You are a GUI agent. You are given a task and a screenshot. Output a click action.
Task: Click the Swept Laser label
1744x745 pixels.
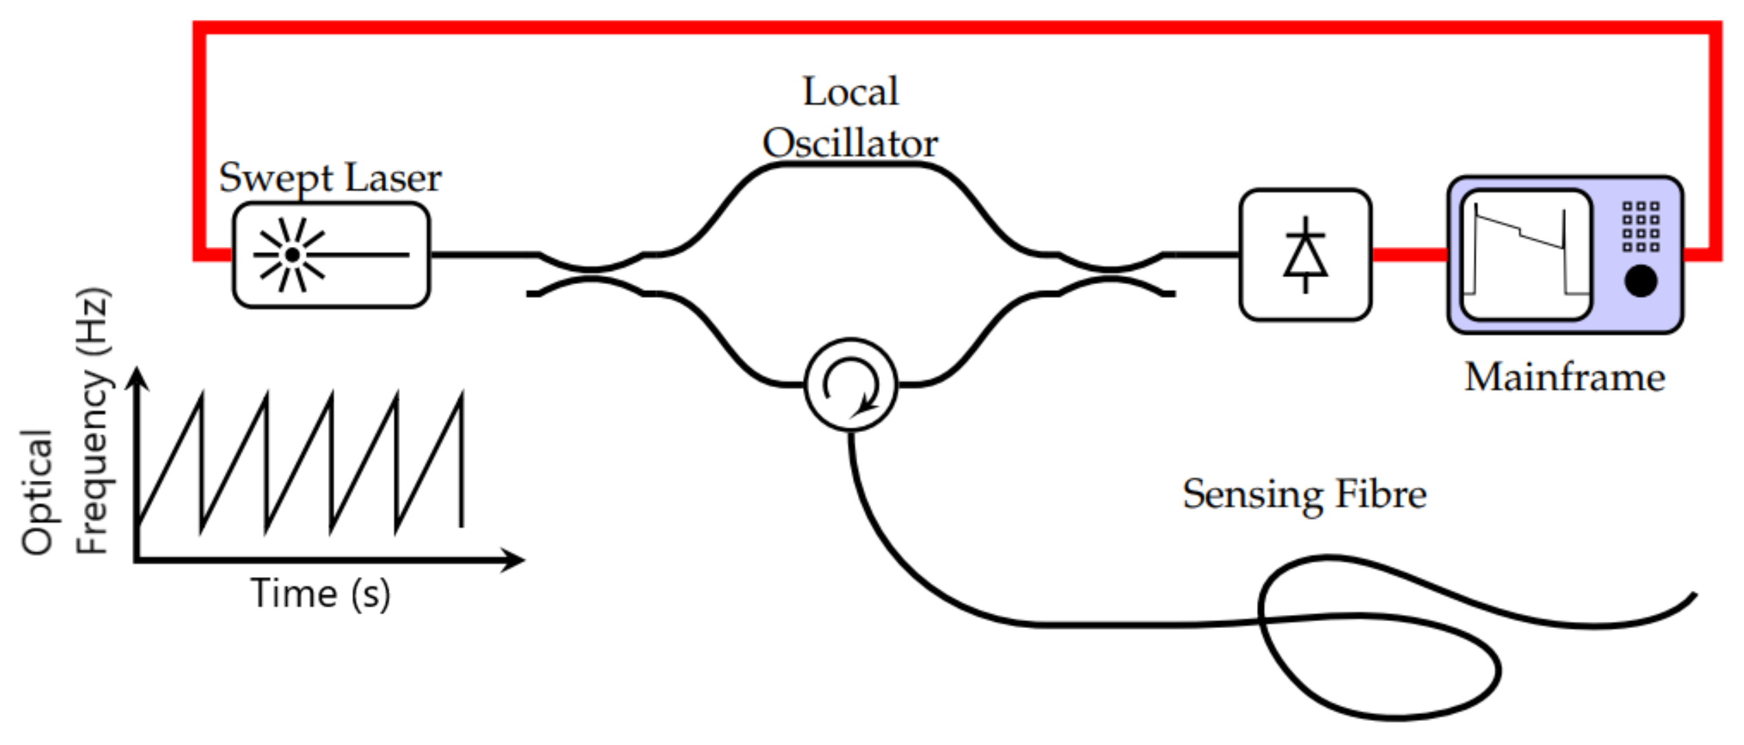pos(330,177)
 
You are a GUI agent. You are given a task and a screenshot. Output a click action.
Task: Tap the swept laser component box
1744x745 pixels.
pos(331,255)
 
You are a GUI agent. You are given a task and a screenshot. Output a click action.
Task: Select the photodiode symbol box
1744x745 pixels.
pos(1305,255)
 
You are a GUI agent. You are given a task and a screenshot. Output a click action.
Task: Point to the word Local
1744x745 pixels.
pos(850,91)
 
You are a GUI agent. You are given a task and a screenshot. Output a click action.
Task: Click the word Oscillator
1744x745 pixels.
pos(850,143)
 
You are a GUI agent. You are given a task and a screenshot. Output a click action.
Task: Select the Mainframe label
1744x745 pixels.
pos(1565,377)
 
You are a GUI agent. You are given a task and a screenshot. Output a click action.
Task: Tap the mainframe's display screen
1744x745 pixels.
pos(1526,255)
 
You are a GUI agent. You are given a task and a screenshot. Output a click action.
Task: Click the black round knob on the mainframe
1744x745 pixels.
pos(1641,281)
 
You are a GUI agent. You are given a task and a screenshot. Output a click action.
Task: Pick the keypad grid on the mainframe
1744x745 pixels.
pos(1641,226)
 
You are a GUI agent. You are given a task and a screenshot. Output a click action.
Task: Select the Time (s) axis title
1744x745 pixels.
pos(320,593)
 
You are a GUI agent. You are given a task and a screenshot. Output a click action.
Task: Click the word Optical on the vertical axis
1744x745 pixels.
pos(37,492)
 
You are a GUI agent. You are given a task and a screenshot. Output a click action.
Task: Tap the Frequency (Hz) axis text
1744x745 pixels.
pos(93,421)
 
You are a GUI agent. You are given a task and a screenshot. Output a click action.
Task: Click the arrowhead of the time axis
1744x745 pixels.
pos(513,560)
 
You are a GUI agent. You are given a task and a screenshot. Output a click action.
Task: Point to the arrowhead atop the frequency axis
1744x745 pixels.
pos(137,379)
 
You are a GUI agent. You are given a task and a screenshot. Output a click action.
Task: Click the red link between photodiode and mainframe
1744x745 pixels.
pos(1409,255)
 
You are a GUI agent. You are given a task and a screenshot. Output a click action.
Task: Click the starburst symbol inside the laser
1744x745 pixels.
pos(292,255)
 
